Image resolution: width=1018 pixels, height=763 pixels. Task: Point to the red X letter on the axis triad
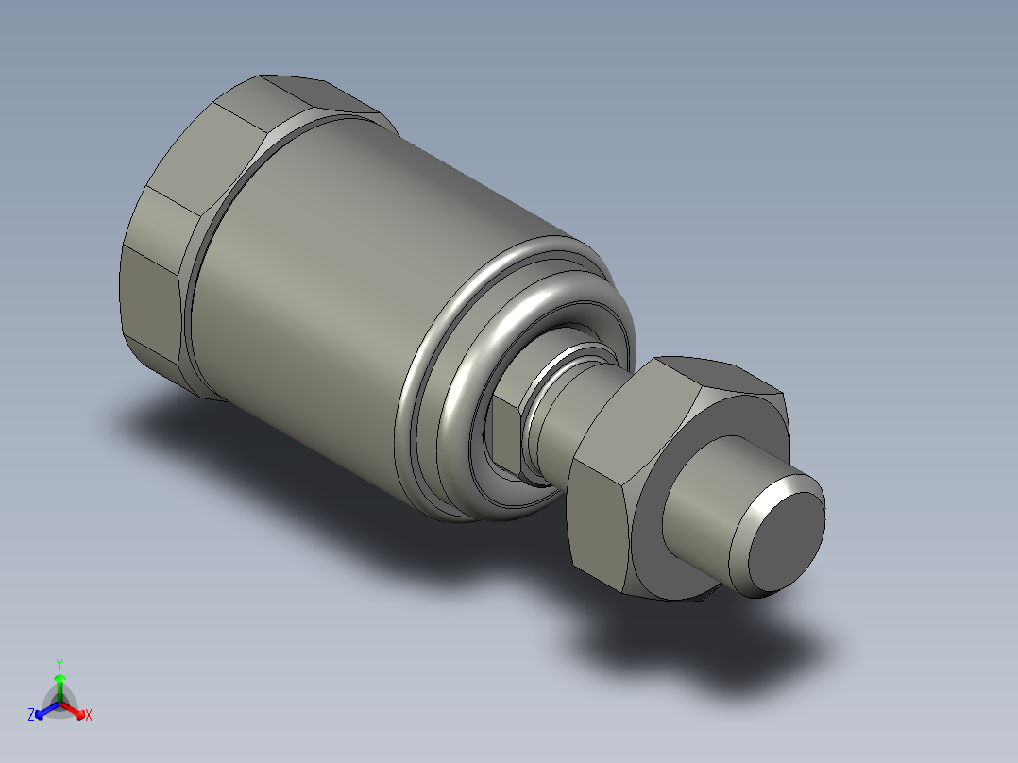[88, 716]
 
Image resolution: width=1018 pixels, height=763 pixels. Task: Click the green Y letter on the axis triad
[59, 664]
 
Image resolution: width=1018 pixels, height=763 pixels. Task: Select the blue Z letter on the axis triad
[31, 716]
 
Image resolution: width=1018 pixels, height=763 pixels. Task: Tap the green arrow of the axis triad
[59, 684]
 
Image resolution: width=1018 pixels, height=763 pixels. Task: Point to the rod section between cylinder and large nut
[557, 415]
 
